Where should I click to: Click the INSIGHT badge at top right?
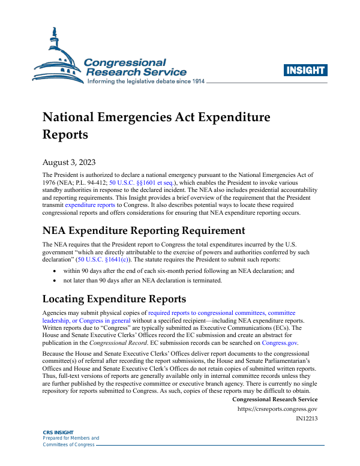306,70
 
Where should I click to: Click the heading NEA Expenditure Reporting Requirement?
144,230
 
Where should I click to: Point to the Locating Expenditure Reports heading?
115,299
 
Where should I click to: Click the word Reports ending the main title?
65,134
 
